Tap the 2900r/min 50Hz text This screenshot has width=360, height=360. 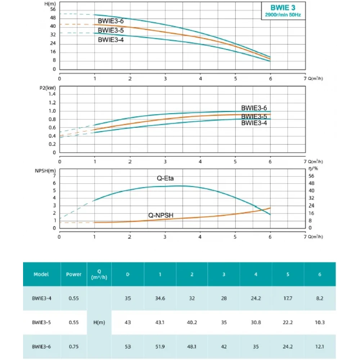283,15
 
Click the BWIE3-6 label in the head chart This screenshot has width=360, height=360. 111,21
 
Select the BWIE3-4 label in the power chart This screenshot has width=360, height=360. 254,123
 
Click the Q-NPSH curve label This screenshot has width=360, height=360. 161,215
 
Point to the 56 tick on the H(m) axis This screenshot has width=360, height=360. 53,9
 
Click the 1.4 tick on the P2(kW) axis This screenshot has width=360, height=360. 52,94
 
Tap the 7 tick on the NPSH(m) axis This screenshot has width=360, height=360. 55,175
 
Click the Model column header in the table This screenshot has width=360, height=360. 41,274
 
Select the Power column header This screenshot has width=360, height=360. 74,274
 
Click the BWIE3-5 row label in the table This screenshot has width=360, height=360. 41,322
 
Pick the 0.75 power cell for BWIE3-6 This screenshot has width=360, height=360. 74,346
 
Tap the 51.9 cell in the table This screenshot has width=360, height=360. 160,346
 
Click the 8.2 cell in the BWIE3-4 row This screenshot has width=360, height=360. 320,298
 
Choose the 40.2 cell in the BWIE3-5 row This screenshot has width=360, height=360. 192,322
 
